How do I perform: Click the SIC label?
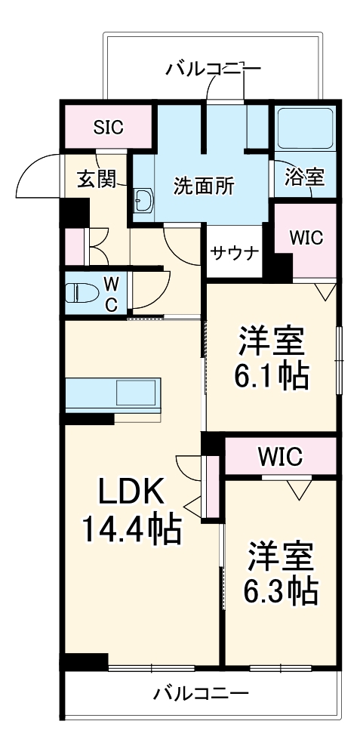pyautogui.click(x=109, y=127)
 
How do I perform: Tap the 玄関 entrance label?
pyautogui.click(x=97, y=179)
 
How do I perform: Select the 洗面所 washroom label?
pyautogui.click(x=204, y=185)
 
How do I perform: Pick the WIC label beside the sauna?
pyautogui.click(x=306, y=238)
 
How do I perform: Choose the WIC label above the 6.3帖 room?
pyautogui.click(x=279, y=456)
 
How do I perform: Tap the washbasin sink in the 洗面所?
pyautogui.click(x=143, y=201)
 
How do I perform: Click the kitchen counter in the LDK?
pyautogui.click(x=113, y=393)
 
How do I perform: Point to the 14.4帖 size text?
pyautogui.click(x=132, y=531)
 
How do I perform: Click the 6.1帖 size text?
pyautogui.click(x=273, y=374)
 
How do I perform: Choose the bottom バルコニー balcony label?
pyautogui.click(x=201, y=692)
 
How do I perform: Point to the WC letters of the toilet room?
pyautogui.click(x=110, y=294)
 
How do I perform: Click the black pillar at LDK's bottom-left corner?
pyautogui.click(x=83, y=660)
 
